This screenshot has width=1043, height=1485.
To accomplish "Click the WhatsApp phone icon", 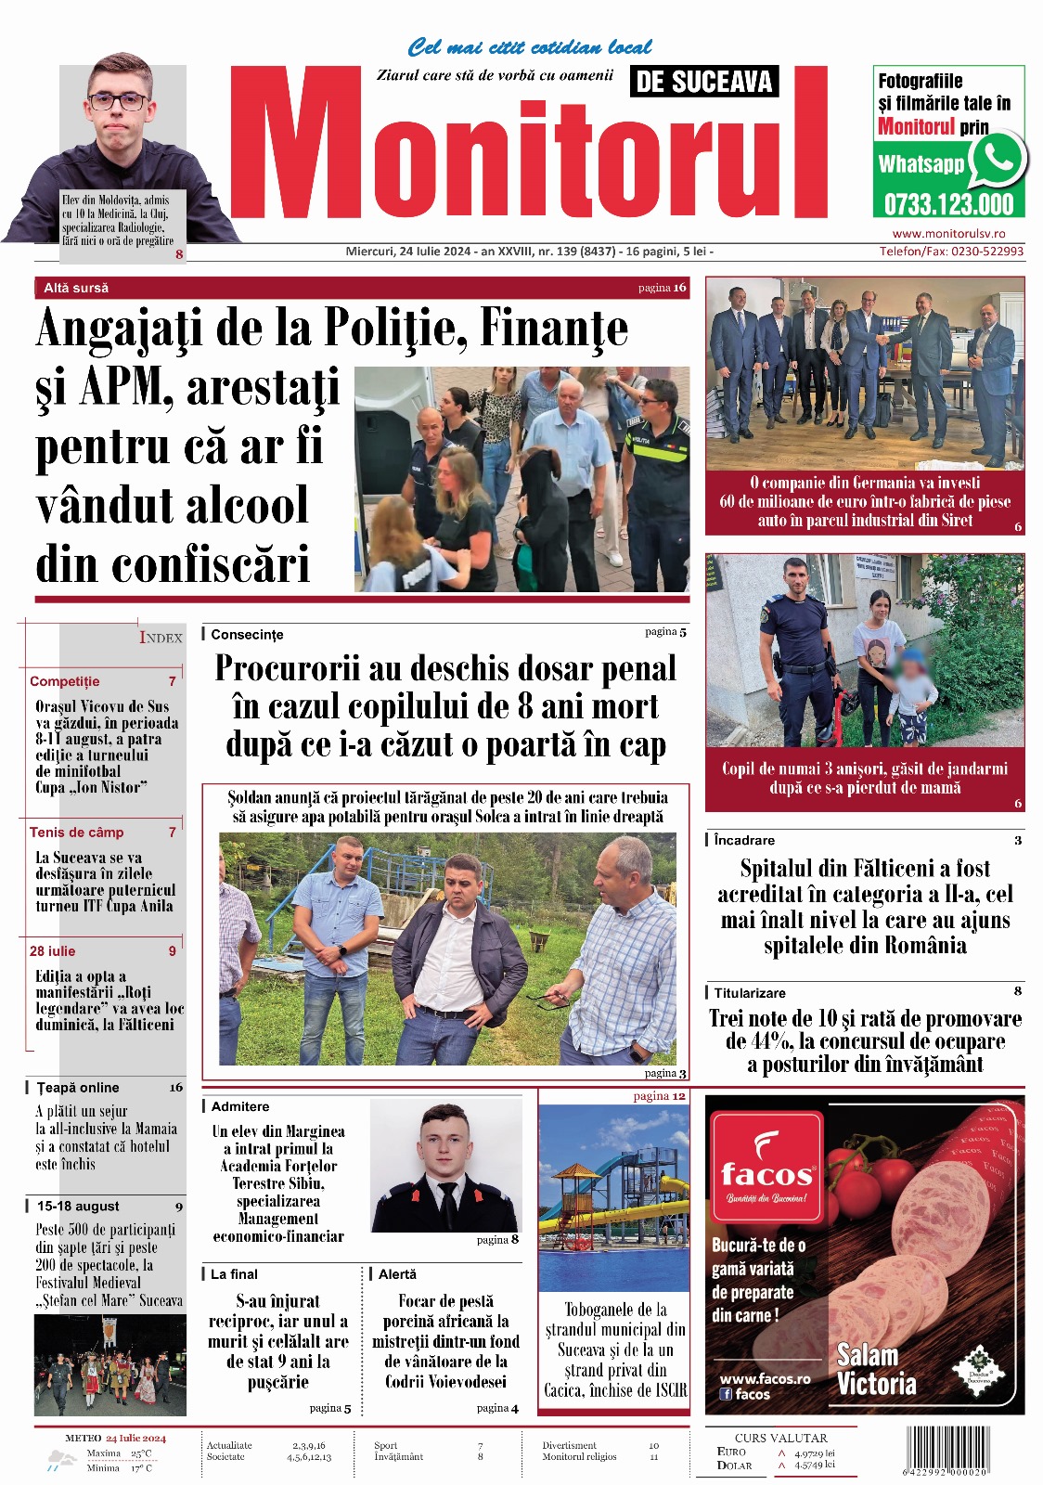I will click(998, 158).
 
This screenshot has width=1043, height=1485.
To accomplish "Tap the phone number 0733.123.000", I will click(947, 203).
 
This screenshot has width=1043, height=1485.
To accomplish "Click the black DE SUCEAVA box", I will click(704, 82).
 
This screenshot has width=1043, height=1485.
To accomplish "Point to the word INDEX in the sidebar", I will click(161, 638).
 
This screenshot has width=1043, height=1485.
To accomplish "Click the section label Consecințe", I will click(247, 635).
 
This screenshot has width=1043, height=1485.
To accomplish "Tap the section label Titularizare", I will click(750, 993).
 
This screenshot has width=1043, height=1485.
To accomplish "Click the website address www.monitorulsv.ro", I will click(948, 234).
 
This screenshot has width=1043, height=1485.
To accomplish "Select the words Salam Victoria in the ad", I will click(875, 1369).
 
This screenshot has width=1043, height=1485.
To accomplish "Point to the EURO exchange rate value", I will click(814, 1453).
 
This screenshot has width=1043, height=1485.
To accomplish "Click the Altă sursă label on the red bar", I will click(76, 289).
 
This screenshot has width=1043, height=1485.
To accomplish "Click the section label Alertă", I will click(397, 1274).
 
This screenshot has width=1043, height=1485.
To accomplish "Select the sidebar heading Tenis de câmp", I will click(76, 833).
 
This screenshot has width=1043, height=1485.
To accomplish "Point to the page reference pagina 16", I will click(662, 288).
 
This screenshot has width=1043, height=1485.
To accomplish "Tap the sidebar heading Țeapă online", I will click(78, 1088).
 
